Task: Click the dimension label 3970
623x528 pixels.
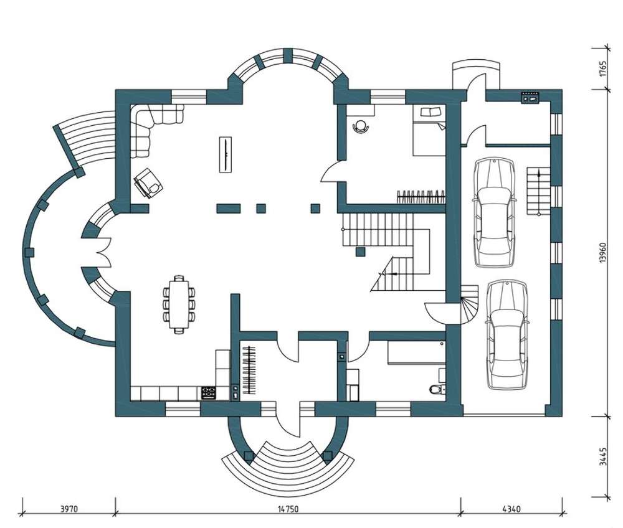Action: click(x=69, y=509)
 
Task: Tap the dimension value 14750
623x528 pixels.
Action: click(x=287, y=509)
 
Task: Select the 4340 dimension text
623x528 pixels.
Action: click(x=511, y=509)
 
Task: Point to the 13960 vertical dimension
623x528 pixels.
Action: click(x=604, y=253)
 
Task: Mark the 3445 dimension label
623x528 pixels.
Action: click(x=604, y=456)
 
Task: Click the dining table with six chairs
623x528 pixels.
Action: click(x=179, y=304)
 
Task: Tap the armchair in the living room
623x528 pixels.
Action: click(x=149, y=183)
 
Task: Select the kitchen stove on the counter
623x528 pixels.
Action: click(x=209, y=393)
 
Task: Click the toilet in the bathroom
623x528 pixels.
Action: click(x=437, y=389)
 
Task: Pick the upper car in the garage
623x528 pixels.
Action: click(x=494, y=212)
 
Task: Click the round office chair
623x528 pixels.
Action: click(x=360, y=126)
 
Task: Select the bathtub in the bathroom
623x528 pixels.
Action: click(x=416, y=352)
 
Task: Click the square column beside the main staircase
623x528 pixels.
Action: click(x=360, y=252)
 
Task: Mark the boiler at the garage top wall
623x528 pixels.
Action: click(x=530, y=97)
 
